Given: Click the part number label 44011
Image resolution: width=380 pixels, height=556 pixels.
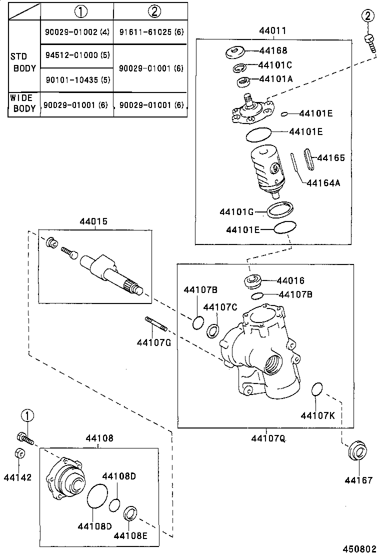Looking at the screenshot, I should click(272, 31).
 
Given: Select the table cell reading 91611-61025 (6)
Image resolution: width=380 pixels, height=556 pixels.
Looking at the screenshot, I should click(151, 32).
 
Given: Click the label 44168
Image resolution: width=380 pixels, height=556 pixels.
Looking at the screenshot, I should click(273, 50).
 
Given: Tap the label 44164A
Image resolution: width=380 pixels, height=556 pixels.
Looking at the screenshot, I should click(323, 183).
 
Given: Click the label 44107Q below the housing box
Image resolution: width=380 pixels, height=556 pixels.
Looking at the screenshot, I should click(268, 438).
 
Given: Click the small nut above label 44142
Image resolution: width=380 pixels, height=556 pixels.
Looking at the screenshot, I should click(18, 453).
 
